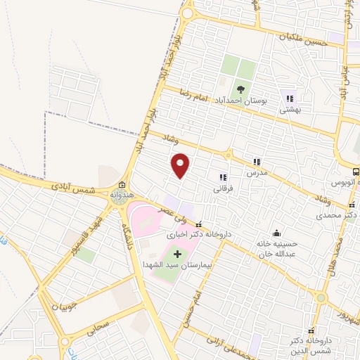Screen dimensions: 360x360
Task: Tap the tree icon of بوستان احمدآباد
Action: click(x=241, y=89)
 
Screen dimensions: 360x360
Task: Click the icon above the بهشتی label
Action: click(x=290, y=98)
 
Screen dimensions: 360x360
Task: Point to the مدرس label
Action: click(x=257, y=172)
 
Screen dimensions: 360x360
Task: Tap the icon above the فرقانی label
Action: click(x=223, y=177)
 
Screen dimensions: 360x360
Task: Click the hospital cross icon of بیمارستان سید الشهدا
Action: click(x=176, y=253)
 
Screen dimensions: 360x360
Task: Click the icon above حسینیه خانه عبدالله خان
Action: click(x=276, y=233)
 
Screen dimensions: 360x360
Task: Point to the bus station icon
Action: click(x=356, y=171)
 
